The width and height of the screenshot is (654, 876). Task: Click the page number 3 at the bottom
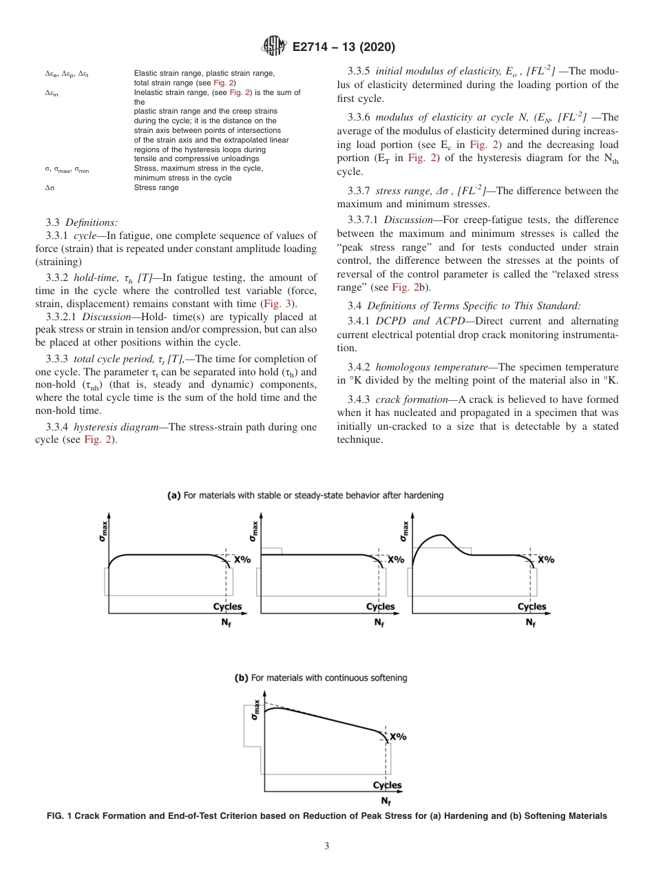[x=327, y=846]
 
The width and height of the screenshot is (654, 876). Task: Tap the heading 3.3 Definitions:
[x=82, y=222]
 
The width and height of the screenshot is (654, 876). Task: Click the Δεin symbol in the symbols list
[x=52, y=93]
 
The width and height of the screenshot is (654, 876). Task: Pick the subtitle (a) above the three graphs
[x=306, y=495]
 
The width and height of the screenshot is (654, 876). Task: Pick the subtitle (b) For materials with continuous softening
[x=321, y=678]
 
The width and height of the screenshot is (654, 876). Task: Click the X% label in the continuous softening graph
[x=398, y=737]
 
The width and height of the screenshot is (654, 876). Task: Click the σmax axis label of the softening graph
[x=255, y=709]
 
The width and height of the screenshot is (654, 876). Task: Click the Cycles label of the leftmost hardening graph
[x=227, y=607]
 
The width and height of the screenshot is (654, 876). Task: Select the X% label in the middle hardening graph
[x=395, y=560]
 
